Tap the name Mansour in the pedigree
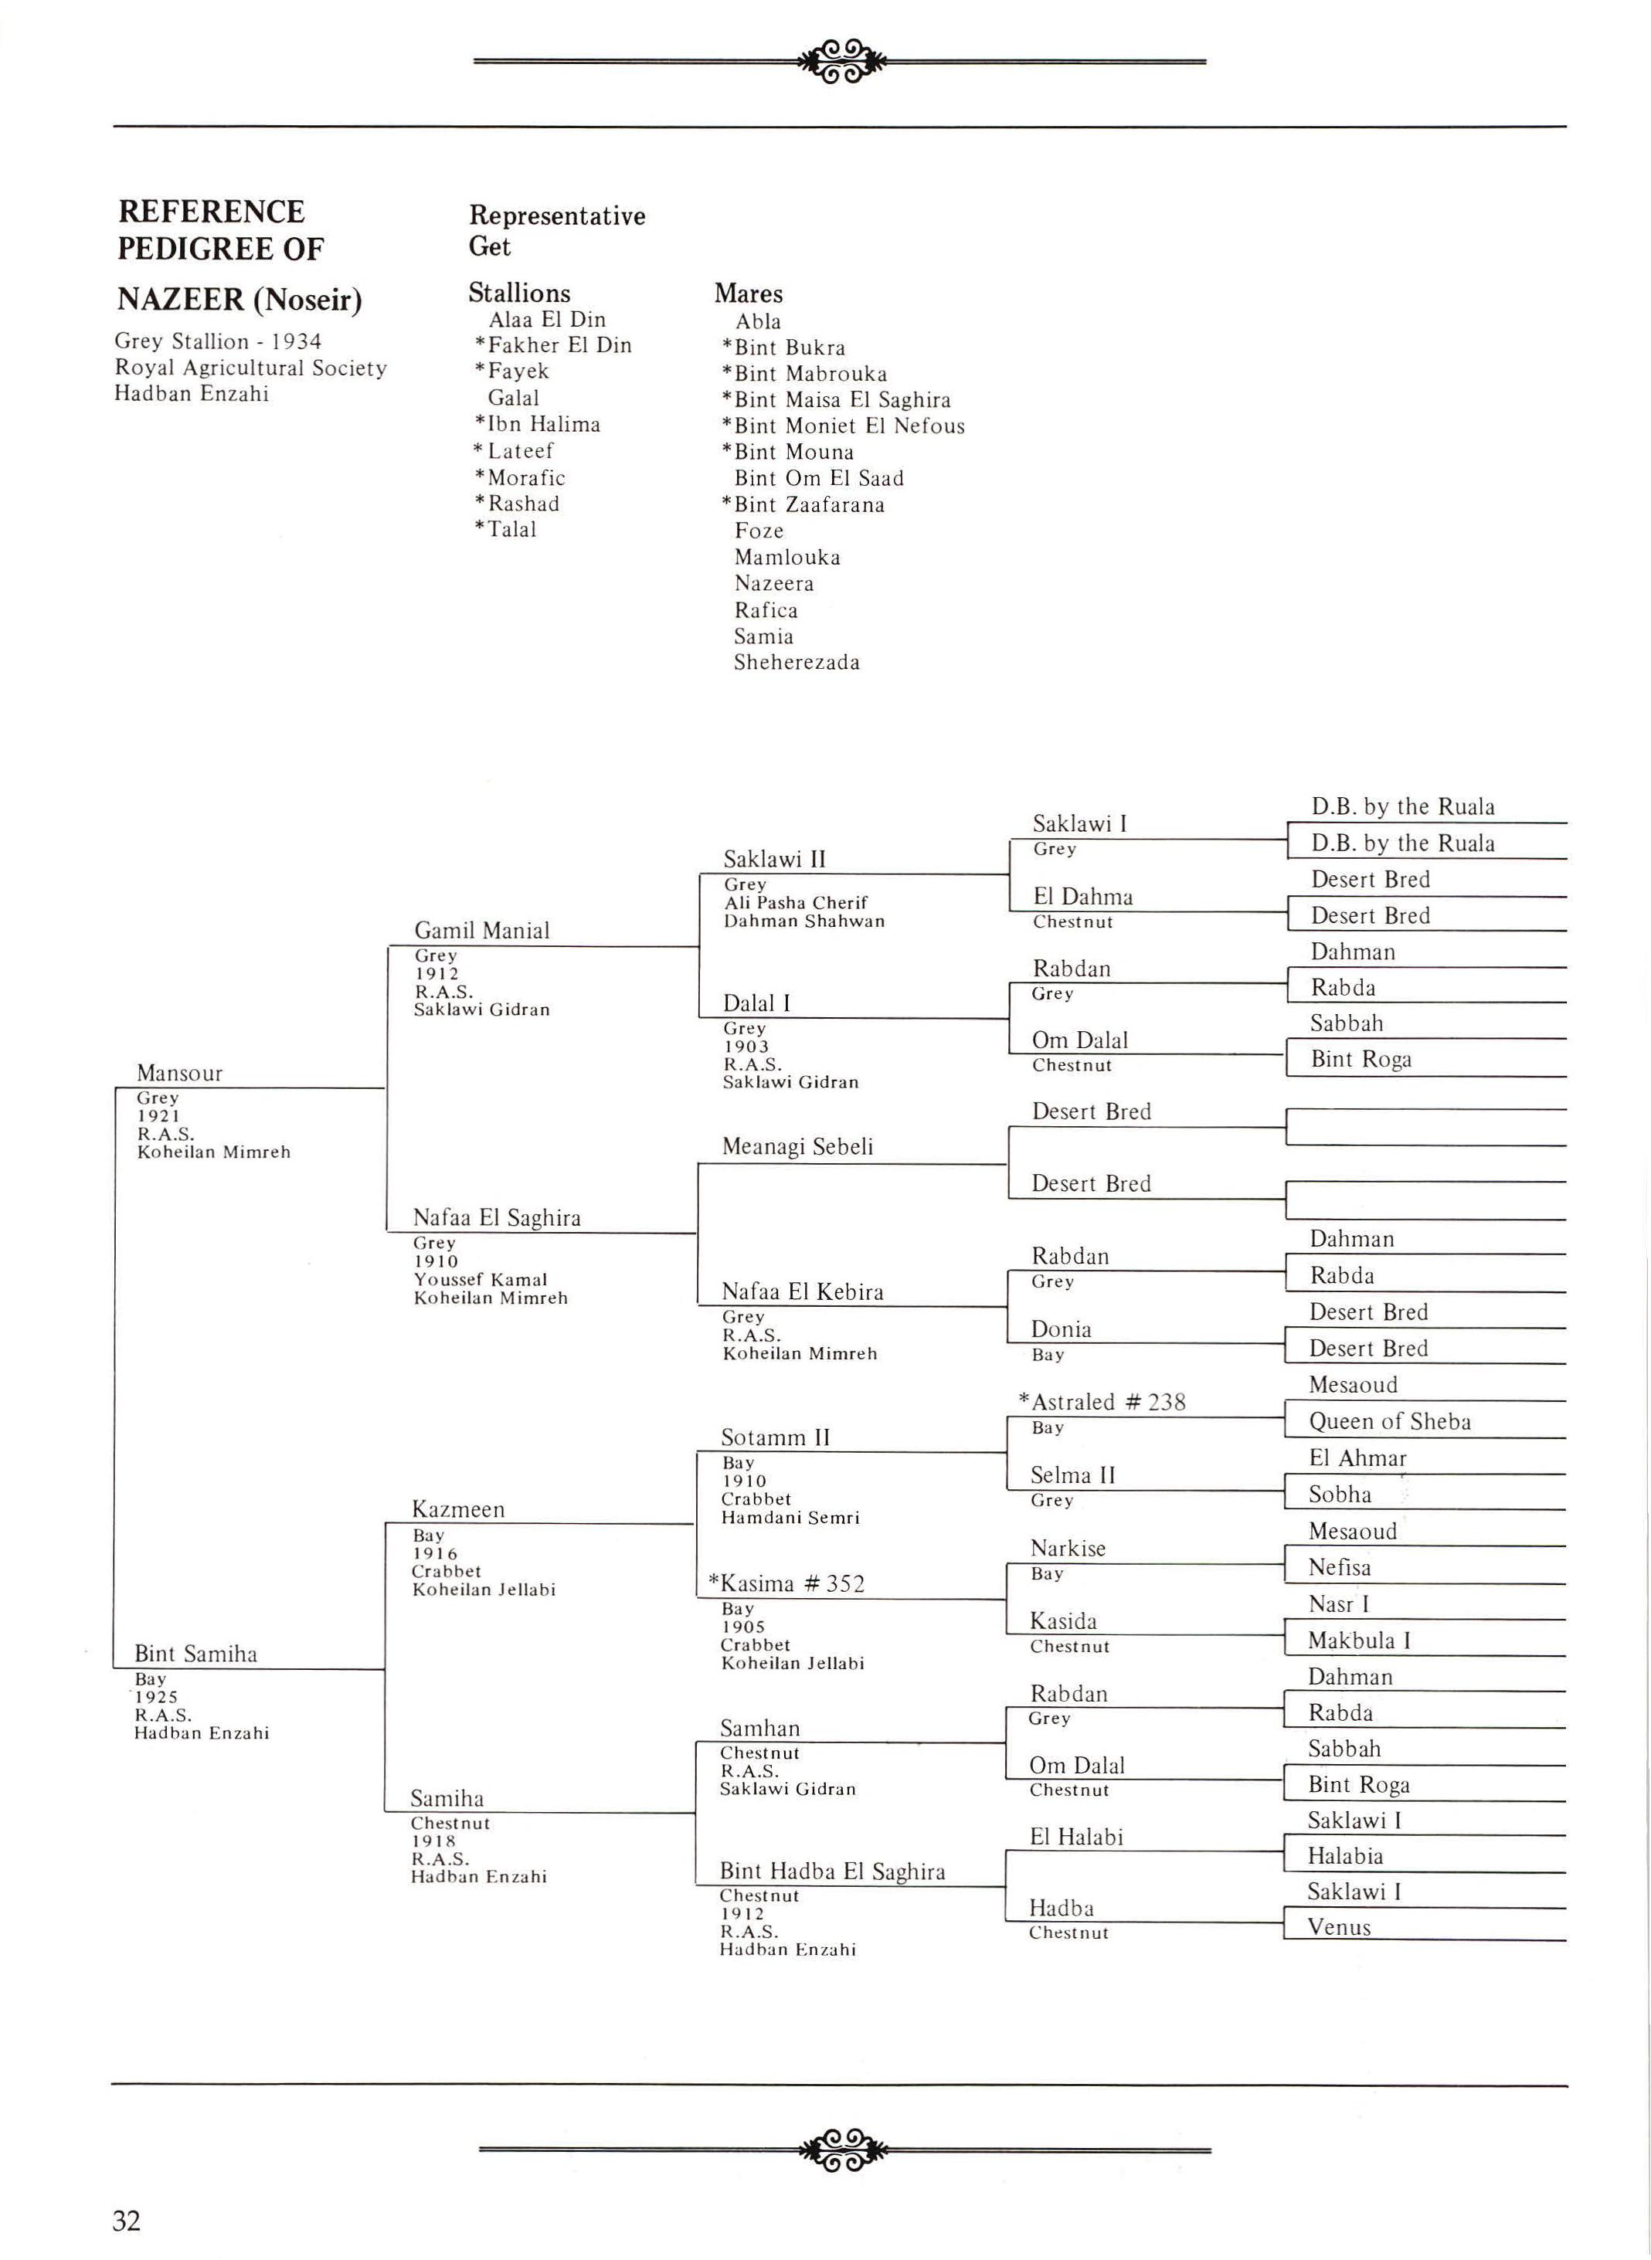click(x=180, y=1073)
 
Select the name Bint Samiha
click(x=196, y=1654)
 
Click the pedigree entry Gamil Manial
click(x=482, y=930)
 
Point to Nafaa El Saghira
click(x=497, y=1217)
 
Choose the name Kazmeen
click(x=459, y=1508)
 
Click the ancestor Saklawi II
click(x=775, y=859)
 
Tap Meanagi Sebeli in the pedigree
click(x=797, y=1146)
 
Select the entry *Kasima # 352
click(x=786, y=1583)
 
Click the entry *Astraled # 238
click(x=1102, y=1402)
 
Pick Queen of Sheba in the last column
click(x=1389, y=1420)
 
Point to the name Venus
click(x=1339, y=1927)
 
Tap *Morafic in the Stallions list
click(x=520, y=477)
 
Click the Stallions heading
click(x=518, y=293)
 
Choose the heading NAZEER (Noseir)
click(x=239, y=299)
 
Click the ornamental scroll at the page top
click(x=842, y=60)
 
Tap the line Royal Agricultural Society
click(x=250, y=368)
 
